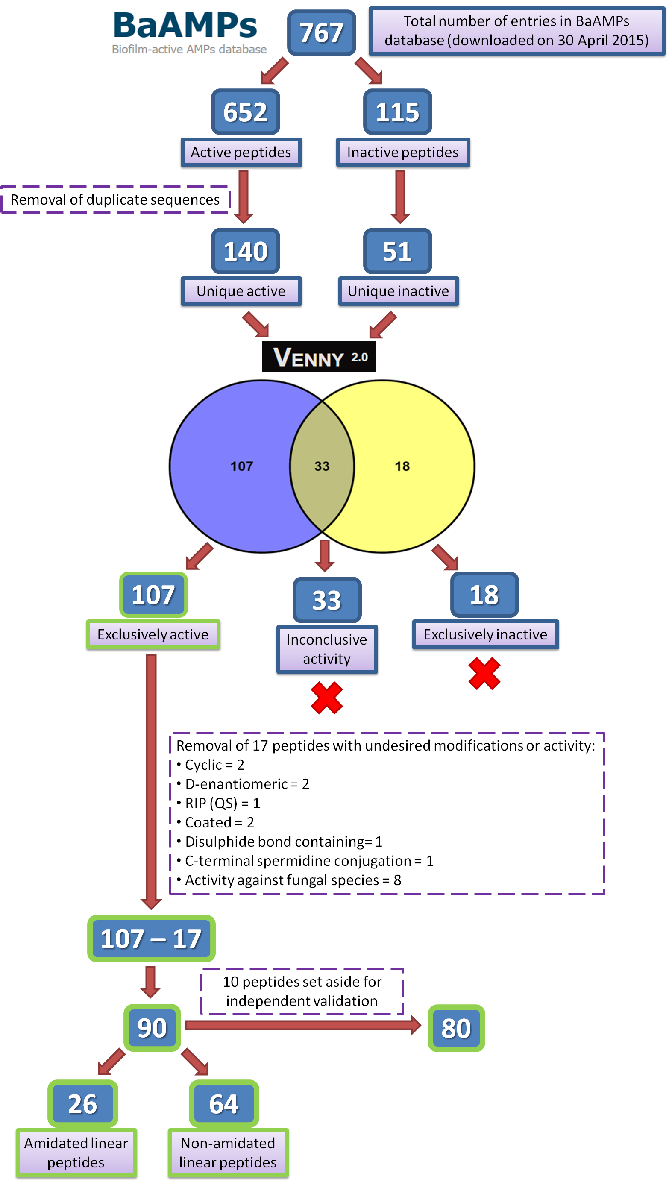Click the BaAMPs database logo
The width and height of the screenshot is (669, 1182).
188,30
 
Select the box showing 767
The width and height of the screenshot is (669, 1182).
321,32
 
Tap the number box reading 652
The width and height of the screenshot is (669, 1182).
245,111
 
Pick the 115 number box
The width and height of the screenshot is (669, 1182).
397,111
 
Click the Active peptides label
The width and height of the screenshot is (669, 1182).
241,153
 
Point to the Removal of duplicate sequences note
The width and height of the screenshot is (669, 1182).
115,200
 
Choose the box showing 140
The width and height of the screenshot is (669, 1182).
245,251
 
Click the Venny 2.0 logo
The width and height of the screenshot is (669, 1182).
318,357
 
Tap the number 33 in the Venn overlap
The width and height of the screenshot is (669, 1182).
322,466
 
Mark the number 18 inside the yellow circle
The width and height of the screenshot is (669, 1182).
402,466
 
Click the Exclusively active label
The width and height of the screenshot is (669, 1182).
153,635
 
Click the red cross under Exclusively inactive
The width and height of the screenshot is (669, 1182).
484,674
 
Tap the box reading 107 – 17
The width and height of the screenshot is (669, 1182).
151,939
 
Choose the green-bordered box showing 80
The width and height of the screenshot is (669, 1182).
456,1028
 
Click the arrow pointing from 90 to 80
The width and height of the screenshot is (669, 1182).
303,1025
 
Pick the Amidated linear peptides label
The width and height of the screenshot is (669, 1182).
76,1153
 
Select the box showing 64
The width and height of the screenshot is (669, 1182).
224,1104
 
